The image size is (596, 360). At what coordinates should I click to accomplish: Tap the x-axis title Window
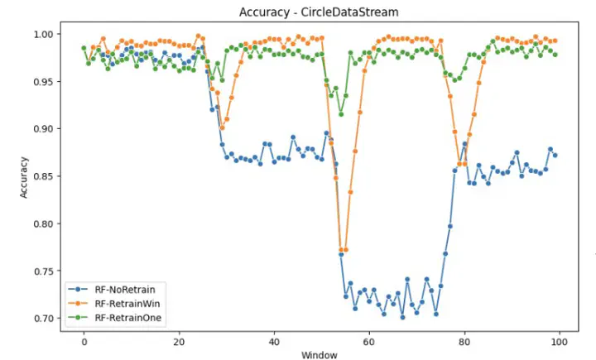[x=320, y=354]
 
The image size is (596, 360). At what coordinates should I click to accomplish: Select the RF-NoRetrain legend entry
[x=125, y=289]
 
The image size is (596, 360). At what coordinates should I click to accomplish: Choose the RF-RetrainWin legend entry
[x=126, y=303]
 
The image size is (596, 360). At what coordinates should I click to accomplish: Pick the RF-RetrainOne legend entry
[x=126, y=317]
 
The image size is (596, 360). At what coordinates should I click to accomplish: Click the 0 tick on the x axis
[x=84, y=341]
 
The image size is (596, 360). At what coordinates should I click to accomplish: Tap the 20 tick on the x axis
[x=179, y=341]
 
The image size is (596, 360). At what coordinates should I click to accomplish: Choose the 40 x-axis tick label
[x=274, y=341]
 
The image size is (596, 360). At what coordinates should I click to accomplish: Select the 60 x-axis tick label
[x=368, y=341]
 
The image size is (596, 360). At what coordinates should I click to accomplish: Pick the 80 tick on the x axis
[x=464, y=341]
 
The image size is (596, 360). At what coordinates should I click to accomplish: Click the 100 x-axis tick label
[x=559, y=341]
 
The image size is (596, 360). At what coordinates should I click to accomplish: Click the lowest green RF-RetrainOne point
[x=340, y=114]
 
